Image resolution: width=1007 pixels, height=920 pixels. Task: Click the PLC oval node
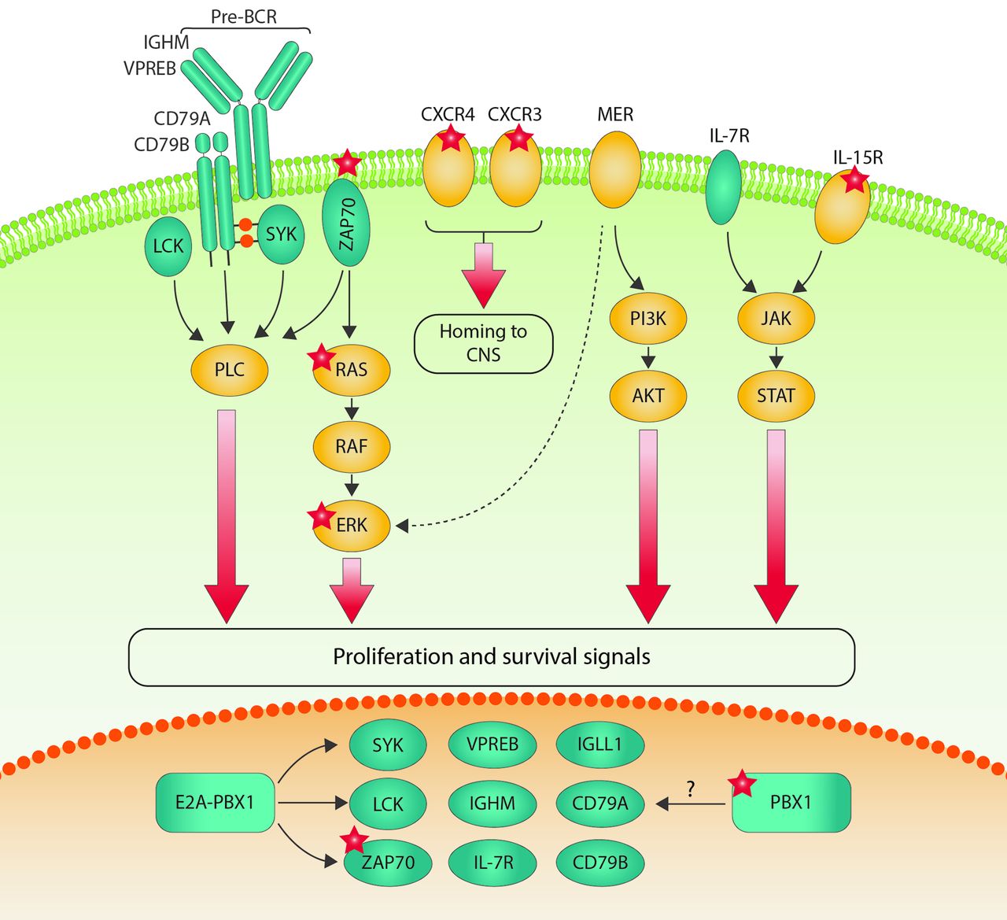coord(230,369)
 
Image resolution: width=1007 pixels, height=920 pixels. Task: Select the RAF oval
coord(351,446)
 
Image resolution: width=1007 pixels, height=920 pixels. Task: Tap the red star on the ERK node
coord(321,516)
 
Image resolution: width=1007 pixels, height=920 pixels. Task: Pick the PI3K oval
coord(648,318)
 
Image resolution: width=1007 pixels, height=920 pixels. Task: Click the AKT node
coord(648,395)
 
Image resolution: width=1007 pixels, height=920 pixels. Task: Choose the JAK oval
coord(776,318)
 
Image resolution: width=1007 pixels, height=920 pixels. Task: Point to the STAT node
coord(776,395)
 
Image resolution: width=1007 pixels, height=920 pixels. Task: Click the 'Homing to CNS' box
coord(483,343)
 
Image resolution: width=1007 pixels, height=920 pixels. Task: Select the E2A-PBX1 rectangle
coord(215,803)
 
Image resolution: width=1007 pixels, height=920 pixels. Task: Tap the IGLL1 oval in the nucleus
coord(599,744)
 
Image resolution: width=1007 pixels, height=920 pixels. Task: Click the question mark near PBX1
coord(691,789)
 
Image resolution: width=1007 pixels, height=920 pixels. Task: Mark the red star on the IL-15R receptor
coord(854,181)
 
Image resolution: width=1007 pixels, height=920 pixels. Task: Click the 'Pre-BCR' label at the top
coord(244,17)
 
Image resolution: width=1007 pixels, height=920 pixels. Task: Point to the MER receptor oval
coord(615,169)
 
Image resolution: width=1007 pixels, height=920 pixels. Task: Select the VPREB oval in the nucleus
coord(492,744)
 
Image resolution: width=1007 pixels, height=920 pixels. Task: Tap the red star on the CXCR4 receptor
coord(451,139)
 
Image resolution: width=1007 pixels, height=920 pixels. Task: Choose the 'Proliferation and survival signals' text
coord(492,656)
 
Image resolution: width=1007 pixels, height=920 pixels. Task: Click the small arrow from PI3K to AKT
coord(648,357)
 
